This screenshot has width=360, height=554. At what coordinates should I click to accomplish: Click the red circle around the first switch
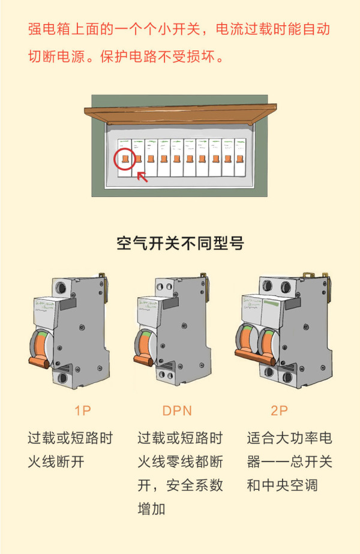click(x=124, y=158)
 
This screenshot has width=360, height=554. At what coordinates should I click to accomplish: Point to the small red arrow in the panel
click(x=142, y=176)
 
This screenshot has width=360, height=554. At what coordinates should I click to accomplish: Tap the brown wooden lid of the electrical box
click(x=180, y=114)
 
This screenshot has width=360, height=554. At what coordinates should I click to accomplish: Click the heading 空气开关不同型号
click(x=180, y=243)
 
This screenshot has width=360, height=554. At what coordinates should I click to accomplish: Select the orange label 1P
click(x=82, y=411)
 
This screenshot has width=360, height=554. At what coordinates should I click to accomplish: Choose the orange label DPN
click(x=177, y=411)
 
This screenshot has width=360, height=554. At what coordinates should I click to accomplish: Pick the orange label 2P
click(x=279, y=411)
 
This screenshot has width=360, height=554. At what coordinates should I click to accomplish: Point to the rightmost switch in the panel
click(x=240, y=158)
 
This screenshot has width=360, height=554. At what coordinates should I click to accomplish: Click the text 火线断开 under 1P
click(x=56, y=462)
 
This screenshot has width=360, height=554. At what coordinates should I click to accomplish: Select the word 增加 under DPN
click(x=151, y=510)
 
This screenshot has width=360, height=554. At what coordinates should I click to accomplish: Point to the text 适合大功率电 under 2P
click(x=289, y=438)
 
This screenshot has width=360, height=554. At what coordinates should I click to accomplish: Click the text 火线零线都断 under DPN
click(x=180, y=462)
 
